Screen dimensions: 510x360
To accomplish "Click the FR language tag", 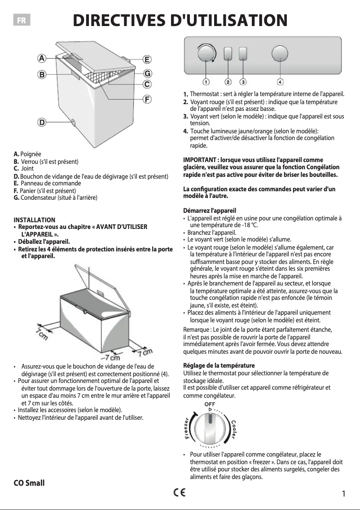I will pos(22,21).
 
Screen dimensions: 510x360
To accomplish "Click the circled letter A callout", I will pos(42,58).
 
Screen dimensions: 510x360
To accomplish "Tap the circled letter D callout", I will pos(42,122).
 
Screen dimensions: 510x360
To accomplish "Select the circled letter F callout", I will pos(147,99).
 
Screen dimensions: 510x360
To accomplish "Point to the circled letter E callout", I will pos(147,59).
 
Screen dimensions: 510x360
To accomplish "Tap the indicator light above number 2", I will pos(228,54).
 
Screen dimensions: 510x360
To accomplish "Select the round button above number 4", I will pos(280,53).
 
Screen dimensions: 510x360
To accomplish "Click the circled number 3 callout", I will pos(243,82).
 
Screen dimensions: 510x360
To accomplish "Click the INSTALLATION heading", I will pos(35,220).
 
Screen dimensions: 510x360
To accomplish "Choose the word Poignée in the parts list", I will pos(31,154).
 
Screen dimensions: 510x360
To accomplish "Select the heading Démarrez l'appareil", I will pos(210,211).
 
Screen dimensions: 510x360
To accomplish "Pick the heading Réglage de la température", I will pos(219,365).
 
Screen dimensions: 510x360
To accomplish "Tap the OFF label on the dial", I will pos(210,404).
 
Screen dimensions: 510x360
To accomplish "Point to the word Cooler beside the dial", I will pos(234,430).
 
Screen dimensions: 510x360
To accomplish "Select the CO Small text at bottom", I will pos(29,483).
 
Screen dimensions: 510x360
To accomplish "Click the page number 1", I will pos(343,494).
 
